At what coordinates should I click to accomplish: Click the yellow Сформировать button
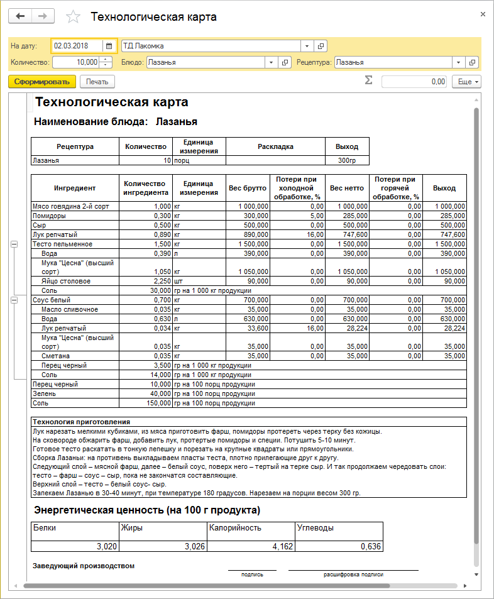coord(42,82)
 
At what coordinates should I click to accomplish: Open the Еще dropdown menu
coord(468,82)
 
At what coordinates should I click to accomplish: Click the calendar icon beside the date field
coord(109,46)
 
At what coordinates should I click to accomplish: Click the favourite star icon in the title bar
coord(74,17)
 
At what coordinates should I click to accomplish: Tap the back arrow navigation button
coord(20,16)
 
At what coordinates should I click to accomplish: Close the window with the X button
coord(483,14)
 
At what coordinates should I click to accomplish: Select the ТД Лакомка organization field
coord(211,46)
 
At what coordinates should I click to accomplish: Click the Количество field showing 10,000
coord(76,62)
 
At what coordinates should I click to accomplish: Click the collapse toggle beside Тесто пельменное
coord(14,244)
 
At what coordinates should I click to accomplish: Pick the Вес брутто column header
coord(247,188)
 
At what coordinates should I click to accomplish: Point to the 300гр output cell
coord(347,160)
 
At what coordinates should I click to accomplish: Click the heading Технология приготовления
coord(82,422)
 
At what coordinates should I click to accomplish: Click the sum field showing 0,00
coord(414,82)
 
